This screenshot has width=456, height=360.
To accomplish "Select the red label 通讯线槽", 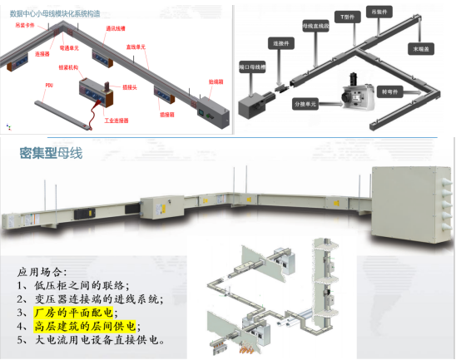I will [x=115, y=28].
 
